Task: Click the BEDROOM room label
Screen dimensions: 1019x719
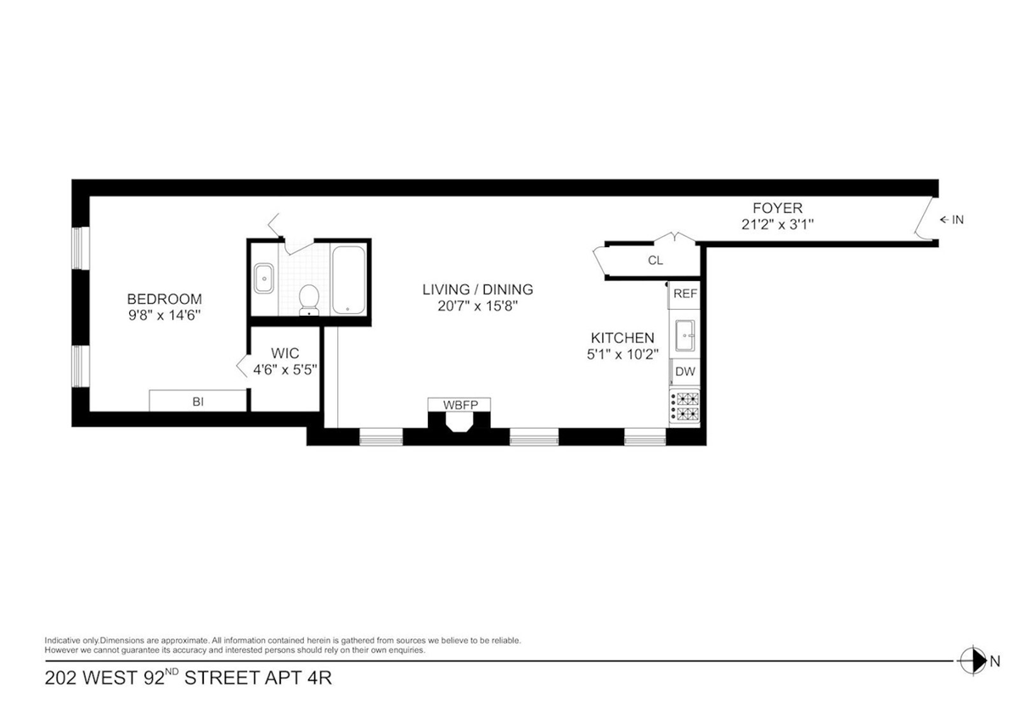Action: tap(164, 299)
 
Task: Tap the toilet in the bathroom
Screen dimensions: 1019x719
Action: tap(309, 300)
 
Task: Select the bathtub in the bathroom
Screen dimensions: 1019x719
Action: tap(348, 279)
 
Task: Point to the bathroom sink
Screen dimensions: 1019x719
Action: tap(263, 278)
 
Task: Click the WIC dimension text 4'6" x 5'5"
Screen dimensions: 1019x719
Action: tap(284, 370)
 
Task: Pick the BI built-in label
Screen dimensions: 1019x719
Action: tap(198, 402)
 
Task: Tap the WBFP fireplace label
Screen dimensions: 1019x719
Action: tap(460, 405)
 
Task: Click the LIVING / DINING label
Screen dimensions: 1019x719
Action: tap(477, 289)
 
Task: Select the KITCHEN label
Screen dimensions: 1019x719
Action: tap(622, 338)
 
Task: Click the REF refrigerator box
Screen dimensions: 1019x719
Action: tap(684, 295)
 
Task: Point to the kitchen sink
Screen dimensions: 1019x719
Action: tap(684, 335)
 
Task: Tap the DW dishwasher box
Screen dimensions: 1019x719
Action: tap(685, 372)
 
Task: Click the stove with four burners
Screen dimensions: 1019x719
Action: tap(684, 407)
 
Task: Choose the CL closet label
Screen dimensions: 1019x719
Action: tap(655, 261)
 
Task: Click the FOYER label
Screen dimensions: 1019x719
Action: tap(778, 208)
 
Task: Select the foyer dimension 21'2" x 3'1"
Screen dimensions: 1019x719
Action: tap(778, 225)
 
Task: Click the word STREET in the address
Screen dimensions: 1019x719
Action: tap(222, 677)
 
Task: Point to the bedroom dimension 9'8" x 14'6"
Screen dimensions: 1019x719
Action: tap(164, 315)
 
